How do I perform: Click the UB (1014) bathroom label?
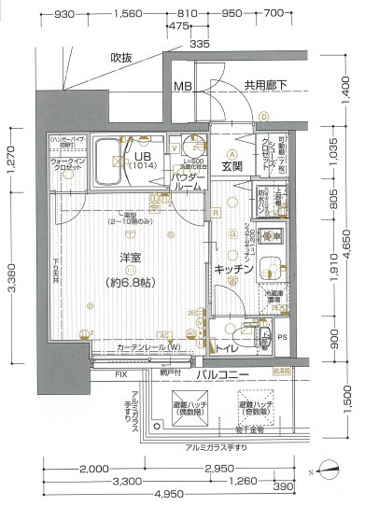coord(143,161)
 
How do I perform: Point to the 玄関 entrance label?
coord(232,167)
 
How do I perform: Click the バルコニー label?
coord(222,374)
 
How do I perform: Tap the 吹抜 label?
coord(123,58)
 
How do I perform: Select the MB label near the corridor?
coord(184,87)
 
